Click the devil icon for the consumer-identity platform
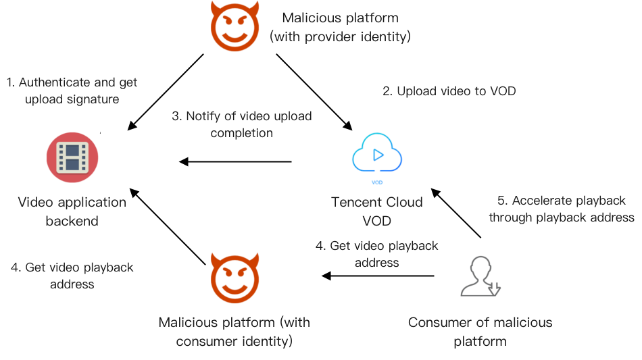[x=233, y=278]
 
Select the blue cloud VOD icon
[x=377, y=157]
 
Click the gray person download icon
[x=480, y=276]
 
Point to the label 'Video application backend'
[x=72, y=211]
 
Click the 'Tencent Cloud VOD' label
[x=376, y=211]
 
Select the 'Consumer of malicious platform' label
[x=480, y=331]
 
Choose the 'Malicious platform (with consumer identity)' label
[x=234, y=331]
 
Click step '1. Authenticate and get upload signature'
[x=72, y=91]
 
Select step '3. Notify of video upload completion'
[x=241, y=124]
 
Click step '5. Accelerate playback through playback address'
[x=562, y=209]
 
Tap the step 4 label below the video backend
[x=72, y=276]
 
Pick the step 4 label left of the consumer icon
[x=376, y=254]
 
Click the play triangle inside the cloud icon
[x=378, y=154]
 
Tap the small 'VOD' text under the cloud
[x=377, y=182]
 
